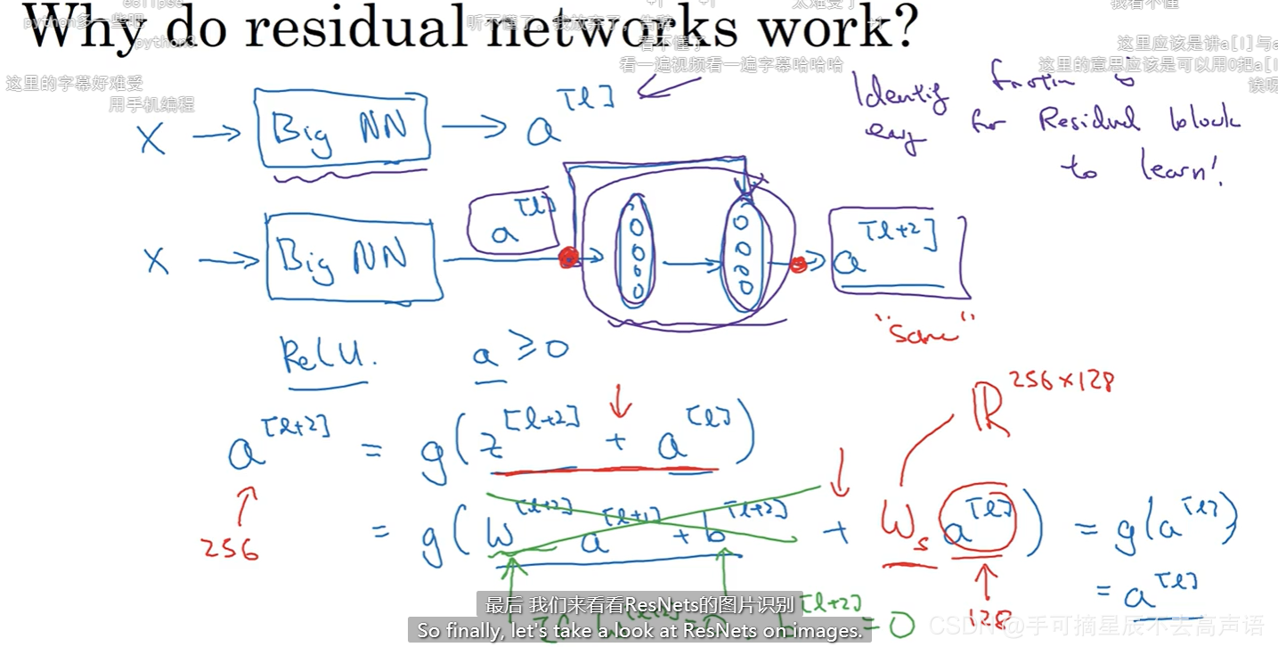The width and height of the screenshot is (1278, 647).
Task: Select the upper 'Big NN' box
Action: tap(343, 127)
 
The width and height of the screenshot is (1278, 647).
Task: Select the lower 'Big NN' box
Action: tap(354, 257)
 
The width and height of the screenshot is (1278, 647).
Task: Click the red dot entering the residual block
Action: tap(568, 258)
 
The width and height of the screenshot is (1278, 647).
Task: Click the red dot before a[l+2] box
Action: tap(799, 264)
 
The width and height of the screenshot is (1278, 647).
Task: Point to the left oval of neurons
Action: tap(636, 250)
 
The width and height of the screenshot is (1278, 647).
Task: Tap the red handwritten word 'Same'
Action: tap(926, 333)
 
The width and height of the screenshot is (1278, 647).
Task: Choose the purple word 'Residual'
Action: tap(1088, 120)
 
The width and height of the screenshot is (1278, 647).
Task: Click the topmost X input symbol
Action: tap(152, 138)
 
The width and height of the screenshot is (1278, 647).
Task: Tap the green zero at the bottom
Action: tap(900, 626)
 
